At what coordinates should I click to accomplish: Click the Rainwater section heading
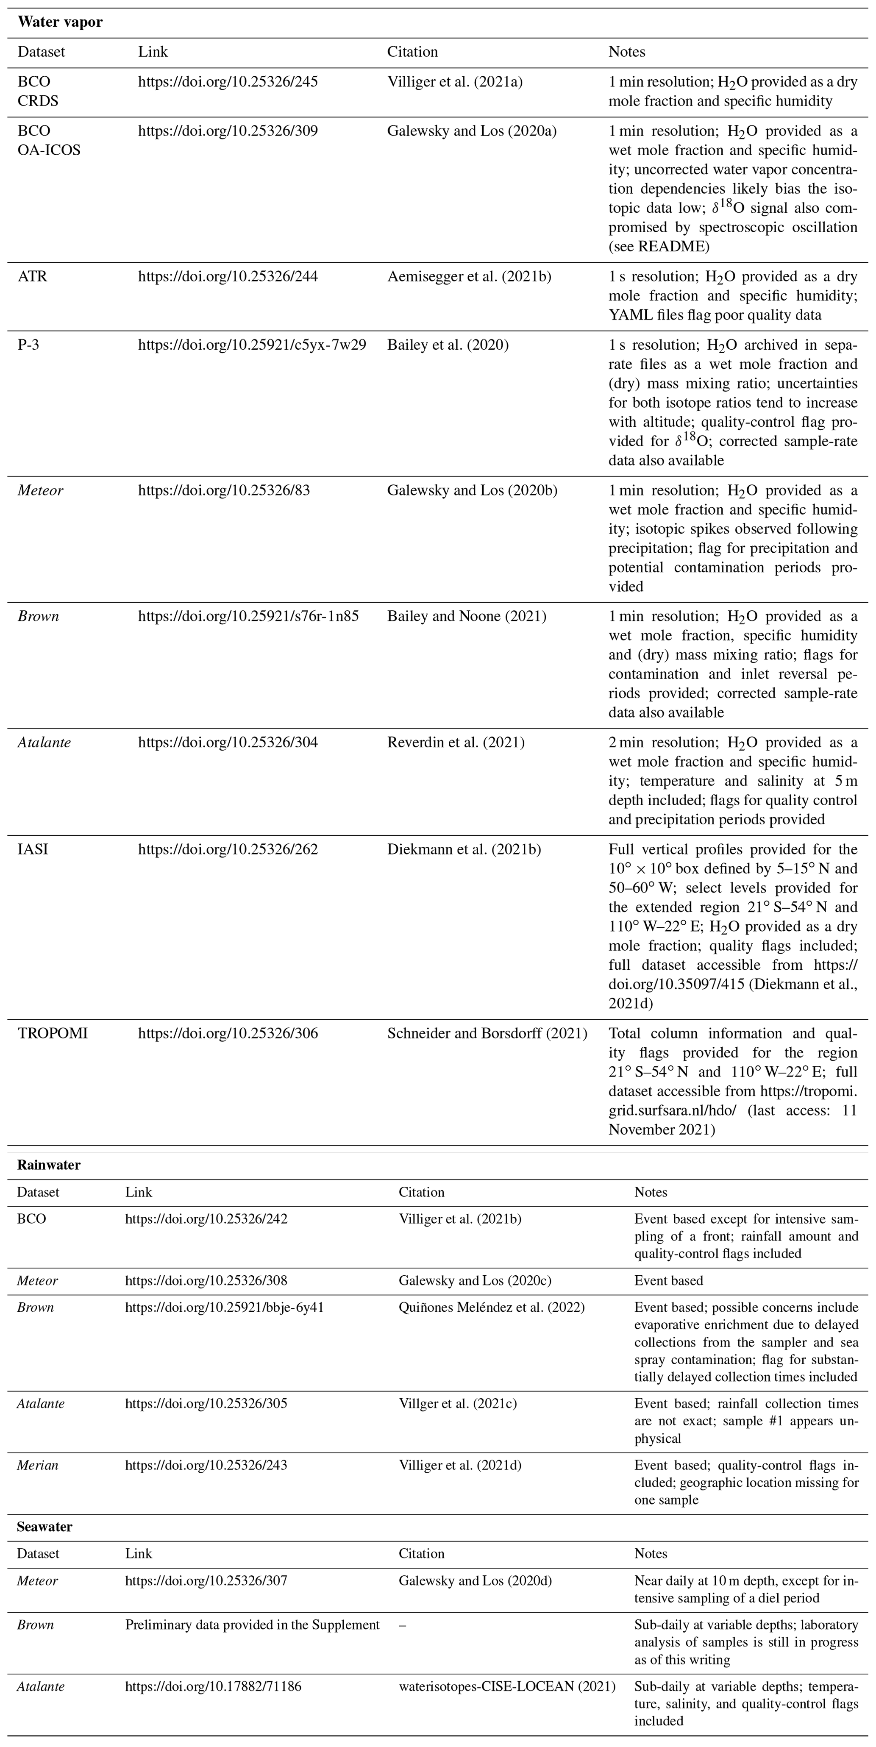click(48, 1165)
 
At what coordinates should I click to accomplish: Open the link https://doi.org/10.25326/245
click(228, 82)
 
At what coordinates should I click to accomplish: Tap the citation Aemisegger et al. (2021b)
click(469, 277)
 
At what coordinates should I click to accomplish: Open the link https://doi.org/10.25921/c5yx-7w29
click(252, 345)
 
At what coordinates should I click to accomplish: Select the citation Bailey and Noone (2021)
click(467, 617)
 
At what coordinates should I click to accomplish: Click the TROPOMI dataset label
click(52, 1034)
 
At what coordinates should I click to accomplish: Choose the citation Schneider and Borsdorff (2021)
click(487, 1034)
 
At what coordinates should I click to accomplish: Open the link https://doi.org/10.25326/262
click(228, 850)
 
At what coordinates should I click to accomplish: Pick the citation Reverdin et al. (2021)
click(456, 743)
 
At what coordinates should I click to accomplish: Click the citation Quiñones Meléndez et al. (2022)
click(491, 1307)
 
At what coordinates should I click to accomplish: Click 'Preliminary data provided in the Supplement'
click(252, 1625)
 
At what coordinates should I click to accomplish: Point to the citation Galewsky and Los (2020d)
click(475, 1581)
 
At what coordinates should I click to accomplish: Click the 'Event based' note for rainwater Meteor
click(668, 1280)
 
